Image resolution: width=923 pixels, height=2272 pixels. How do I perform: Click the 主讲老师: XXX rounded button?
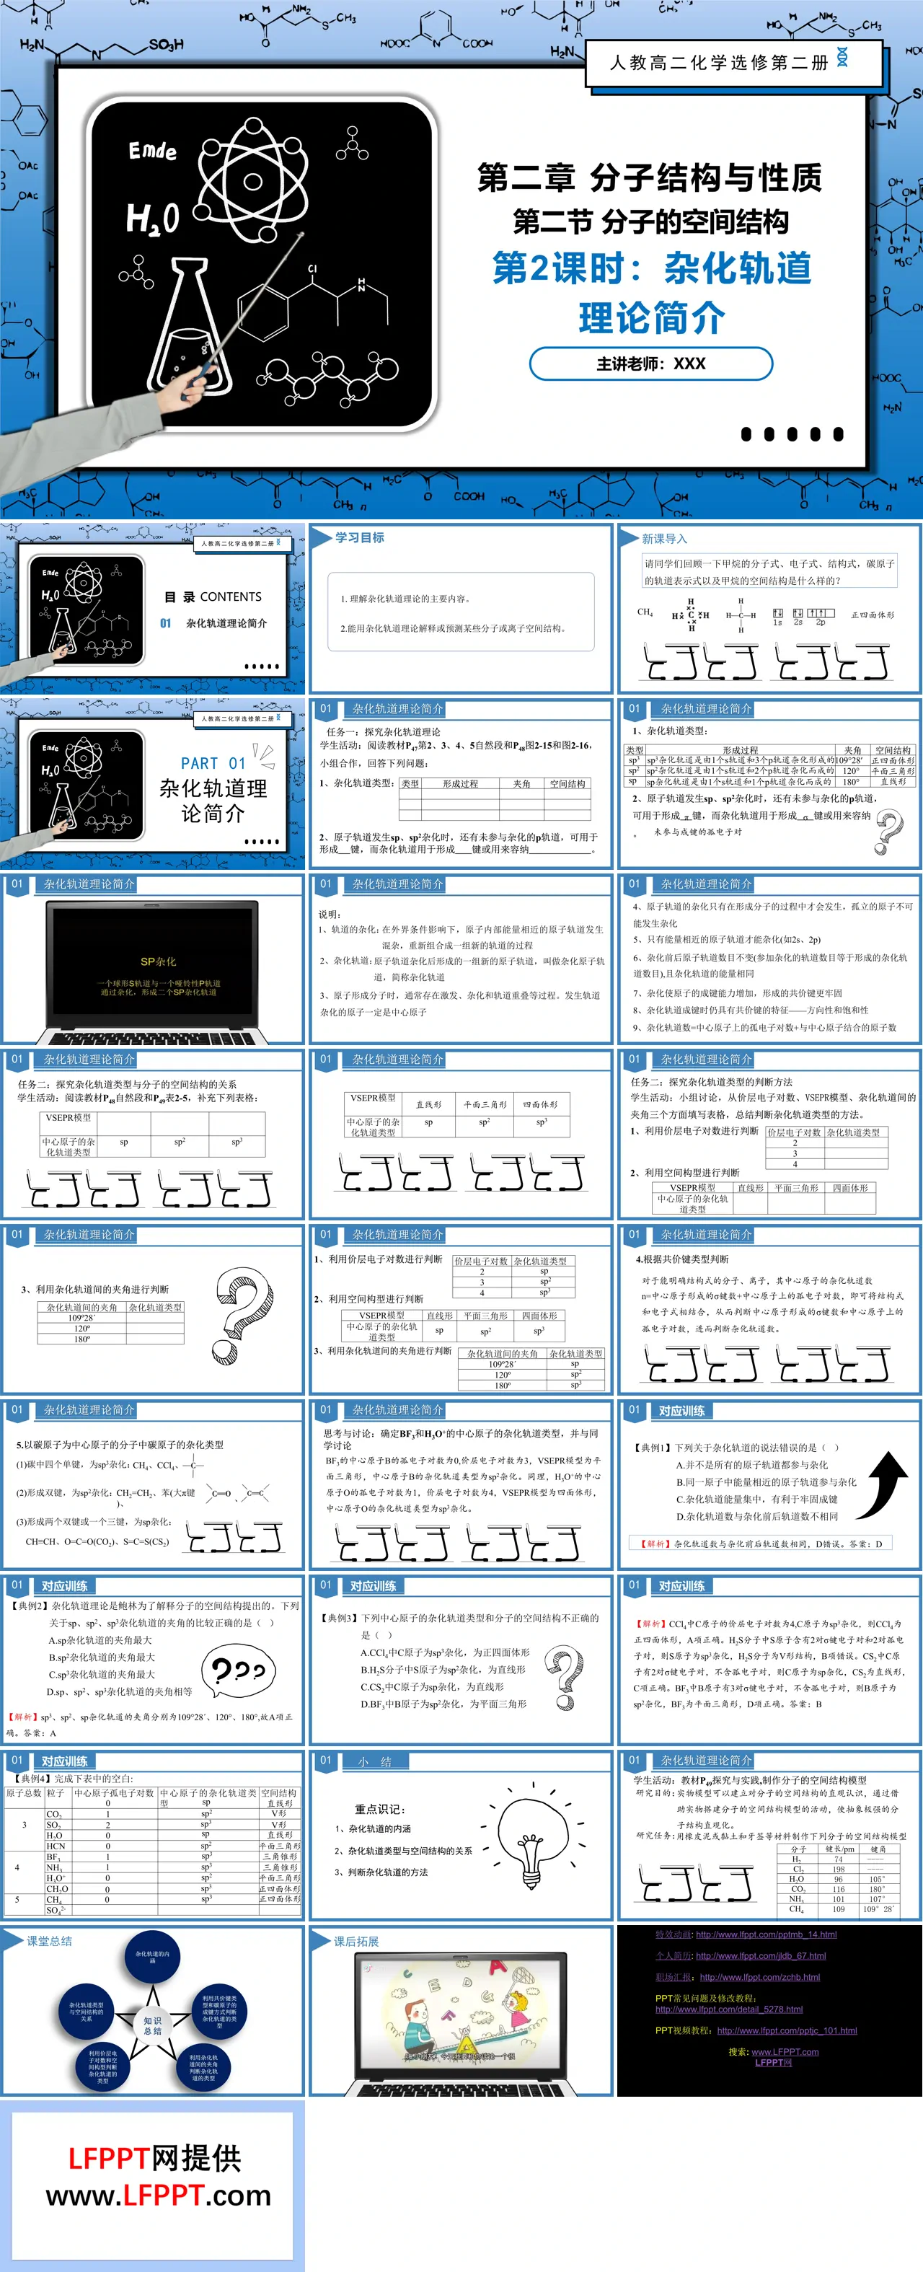coord(650,364)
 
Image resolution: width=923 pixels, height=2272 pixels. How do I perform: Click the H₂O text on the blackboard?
coord(151,218)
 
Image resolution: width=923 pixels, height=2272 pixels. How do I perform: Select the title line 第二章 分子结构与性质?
coord(650,178)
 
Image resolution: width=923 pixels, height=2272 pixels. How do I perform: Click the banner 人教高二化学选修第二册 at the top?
coord(718,63)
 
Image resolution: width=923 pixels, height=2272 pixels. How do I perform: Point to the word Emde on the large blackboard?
coord(151,151)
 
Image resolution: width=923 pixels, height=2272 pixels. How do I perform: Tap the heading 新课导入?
coord(664,538)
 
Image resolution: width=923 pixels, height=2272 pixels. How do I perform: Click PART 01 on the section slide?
coord(213,763)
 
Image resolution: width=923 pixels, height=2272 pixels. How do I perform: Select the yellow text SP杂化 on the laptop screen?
coord(158,961)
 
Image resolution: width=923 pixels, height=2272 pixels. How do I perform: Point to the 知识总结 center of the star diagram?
coord(152,2025)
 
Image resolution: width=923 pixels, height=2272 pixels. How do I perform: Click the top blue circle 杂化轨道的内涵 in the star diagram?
coord(152,1957)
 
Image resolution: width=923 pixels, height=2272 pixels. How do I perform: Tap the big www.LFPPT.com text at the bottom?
coord(159,2196)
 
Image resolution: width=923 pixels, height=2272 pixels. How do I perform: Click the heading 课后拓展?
coord(356,1941)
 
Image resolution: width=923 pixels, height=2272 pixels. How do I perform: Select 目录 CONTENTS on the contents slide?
coord(213,597)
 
